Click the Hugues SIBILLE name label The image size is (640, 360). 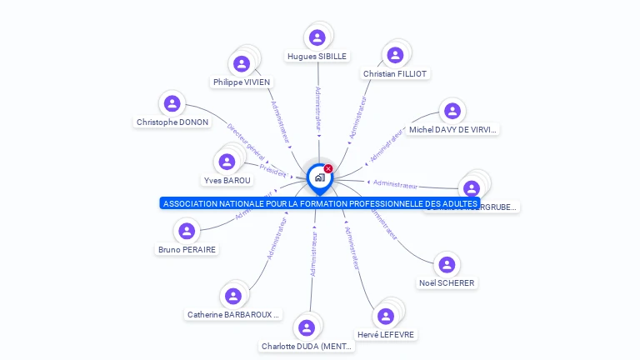[x=317, y=57]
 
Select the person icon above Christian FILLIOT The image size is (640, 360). [x=395, y=55]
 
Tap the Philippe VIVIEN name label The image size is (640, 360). [x=242, y=82]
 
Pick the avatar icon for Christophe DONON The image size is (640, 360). [x=172, y=103]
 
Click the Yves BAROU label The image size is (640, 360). [x=227, y=180]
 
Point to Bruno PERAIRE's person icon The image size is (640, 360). [x=187, y=231]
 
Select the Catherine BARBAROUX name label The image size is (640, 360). [x=234, y=314]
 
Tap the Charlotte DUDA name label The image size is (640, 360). [x=307, y=346]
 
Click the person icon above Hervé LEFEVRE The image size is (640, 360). [x=385, y=316]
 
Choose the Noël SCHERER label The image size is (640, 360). [x=447, y=282]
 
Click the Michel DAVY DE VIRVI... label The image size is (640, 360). [x=453, y=130]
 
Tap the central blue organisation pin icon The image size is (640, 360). [x=318, y=177]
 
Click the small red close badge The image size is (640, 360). [x=328, y=169]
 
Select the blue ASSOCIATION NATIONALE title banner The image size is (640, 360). [x=320, y=203]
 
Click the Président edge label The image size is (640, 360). [x=272, y=171]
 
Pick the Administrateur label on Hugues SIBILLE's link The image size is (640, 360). [x=317, y=107]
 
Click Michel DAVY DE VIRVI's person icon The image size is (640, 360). [x=452, y=111]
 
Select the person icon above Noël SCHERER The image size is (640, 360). [x=447, y=264]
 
